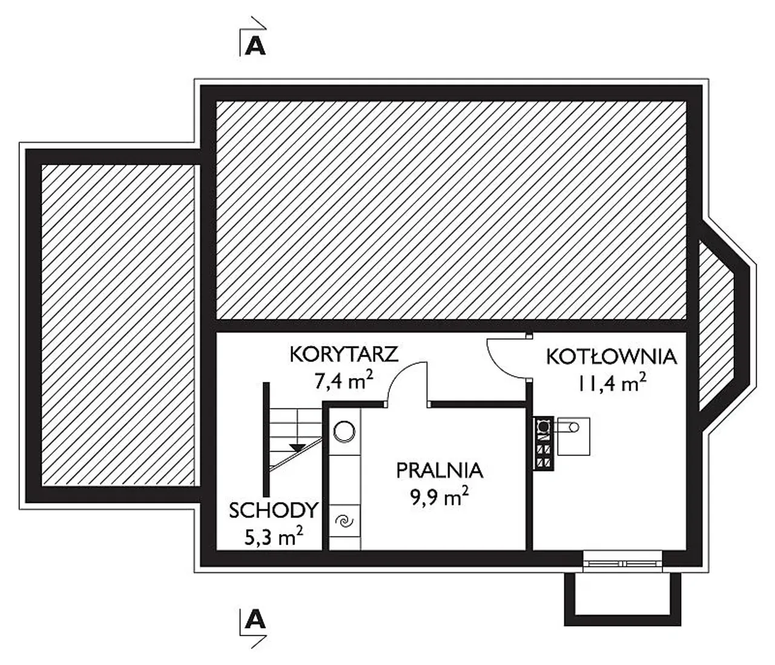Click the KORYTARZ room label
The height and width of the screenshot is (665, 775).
(x=344, y=354)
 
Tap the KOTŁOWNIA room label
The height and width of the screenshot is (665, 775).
(x=612, y=357)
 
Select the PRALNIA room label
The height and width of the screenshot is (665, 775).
(x=440, y=471)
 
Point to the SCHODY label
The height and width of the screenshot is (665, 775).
(x=274, y=511)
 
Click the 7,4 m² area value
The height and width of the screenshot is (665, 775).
(x=344, y=382)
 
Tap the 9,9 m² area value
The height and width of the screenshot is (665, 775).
(x=440, y=497)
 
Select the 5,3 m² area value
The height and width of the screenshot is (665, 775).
(x=274, y=537)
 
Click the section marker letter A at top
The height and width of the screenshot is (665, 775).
(x=256, y=47)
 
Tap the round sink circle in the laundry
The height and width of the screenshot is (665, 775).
(x=344, y=432)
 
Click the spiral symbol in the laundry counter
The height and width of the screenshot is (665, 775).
(x=345, y=521)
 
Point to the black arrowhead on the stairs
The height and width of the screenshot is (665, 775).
(x=298, y=448)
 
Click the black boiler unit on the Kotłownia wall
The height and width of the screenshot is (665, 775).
(x=544, y=444)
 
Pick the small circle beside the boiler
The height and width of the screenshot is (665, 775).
(x=573, y=427)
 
